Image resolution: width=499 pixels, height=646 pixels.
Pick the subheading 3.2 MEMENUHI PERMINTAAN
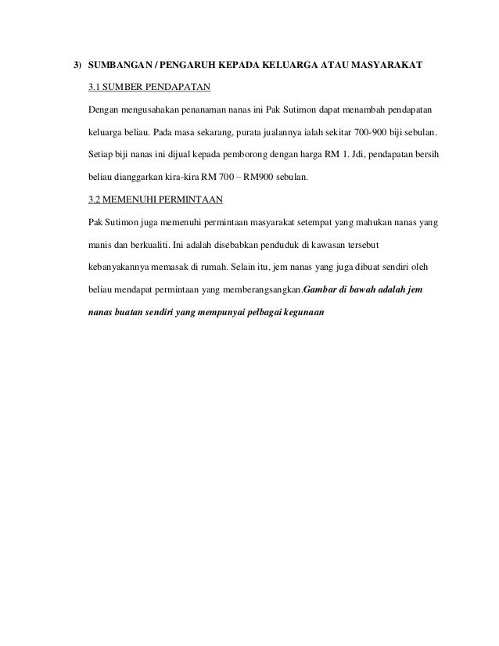(156, 199)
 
